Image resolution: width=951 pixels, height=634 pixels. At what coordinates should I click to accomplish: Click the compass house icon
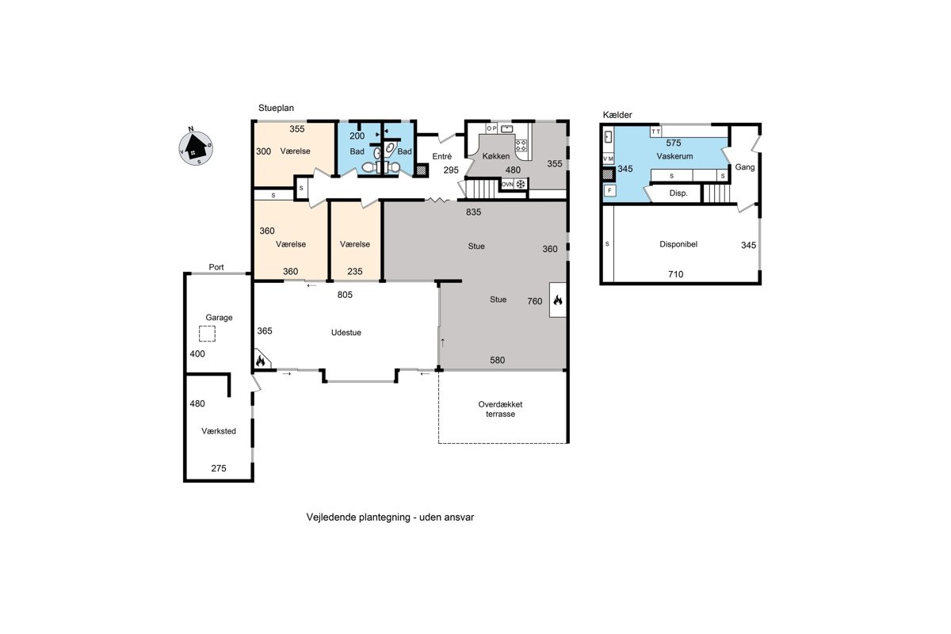coord(196,147)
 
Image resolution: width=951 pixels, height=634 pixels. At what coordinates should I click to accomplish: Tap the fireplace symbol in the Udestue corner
coord(261,361)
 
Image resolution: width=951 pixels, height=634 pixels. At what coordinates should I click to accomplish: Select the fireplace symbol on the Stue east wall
coord(558,300)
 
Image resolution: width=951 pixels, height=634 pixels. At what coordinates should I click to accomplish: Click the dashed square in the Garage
coord(207,334)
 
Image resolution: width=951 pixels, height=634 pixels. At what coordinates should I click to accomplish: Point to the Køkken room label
coord(496,156)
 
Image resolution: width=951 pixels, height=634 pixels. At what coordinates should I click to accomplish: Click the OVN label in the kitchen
coord(507,185)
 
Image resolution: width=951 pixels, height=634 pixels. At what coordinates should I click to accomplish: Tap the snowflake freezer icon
coord(521,185)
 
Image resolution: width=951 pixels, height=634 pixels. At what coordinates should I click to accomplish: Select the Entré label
coord(442,156)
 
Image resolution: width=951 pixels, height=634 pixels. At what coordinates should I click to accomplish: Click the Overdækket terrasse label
coord(501,409)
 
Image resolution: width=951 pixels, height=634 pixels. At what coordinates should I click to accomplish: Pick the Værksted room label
coord(219,431)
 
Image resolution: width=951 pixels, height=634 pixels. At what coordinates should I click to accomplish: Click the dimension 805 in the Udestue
coord(345,295)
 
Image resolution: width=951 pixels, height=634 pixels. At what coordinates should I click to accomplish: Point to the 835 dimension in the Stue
coord(473,212)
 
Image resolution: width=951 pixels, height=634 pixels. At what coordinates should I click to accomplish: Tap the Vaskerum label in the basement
coord(674,156)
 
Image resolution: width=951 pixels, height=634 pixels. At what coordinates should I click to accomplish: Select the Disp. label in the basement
coord(678,193)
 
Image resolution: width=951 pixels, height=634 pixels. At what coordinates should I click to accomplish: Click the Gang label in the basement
coord(745,167)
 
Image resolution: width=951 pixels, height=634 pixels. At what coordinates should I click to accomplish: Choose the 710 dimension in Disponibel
coord(675,274)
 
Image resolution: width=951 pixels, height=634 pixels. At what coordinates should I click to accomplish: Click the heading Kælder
coord(617,115)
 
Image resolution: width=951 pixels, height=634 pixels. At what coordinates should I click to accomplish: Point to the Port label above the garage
coord(216,267)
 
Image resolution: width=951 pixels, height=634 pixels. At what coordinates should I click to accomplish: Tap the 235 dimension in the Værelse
coord(355,271)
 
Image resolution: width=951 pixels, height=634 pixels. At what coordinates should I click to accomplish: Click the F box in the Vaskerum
coord(609,190)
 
